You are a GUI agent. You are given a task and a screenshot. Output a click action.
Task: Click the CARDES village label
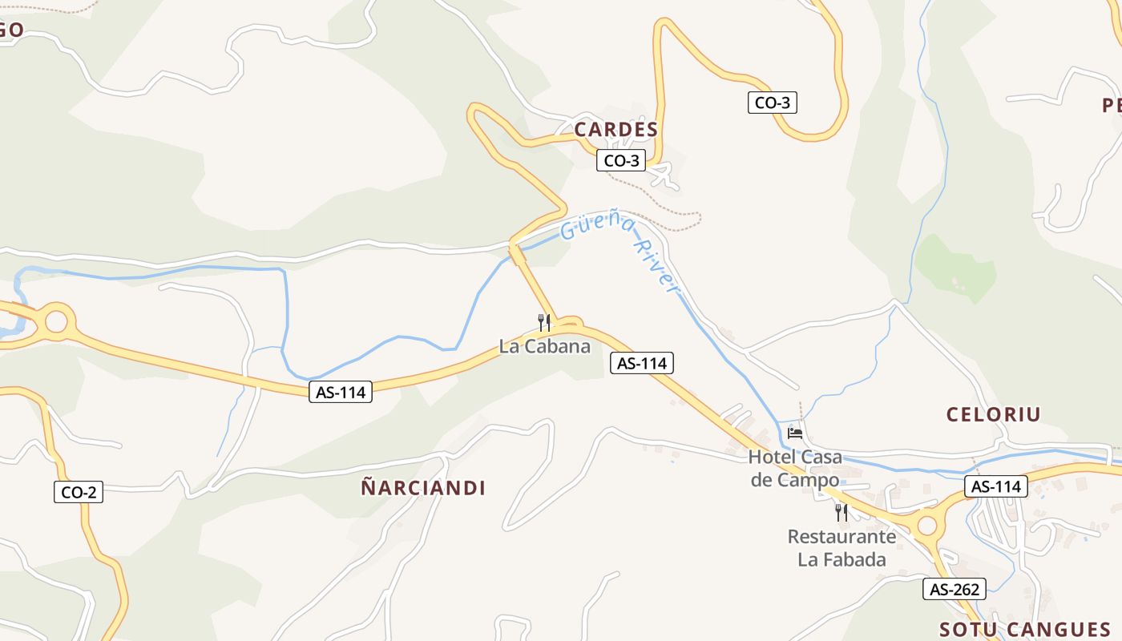pyautogui.click(x=615, y=129)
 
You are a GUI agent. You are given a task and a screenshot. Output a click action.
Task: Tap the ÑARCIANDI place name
pyautogui.click(x=423, y=488)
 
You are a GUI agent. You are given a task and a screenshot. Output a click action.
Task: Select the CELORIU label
pyautogui.click(x=993, y=414)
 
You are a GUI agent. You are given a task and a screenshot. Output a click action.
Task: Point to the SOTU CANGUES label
pyautogui.click(x=1024, y=629)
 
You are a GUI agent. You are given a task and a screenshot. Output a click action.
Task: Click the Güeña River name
pyautogui.click(x=620, y=250)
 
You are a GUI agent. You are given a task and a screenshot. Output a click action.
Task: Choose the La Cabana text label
pyautogui.click(x=544, y=347)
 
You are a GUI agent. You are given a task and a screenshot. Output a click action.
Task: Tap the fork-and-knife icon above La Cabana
pyautogui.click(x=544, y=322)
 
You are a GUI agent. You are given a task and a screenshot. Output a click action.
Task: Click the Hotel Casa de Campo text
pyautogui.click(x=795, y=468)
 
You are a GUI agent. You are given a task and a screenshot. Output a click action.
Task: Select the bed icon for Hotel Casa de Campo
pyautogui.click(x=795, y=433)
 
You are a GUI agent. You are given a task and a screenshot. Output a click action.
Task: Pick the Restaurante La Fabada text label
pyautogui.click(x=841, y=547)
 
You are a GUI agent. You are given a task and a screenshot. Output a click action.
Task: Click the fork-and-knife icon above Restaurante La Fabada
pyautogui.click(x=841, y=511)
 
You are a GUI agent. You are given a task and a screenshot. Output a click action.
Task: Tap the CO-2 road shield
pyautogui.click(x=79, y=491)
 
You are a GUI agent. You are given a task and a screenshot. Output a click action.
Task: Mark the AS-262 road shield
pyautogui.click(x=955, y=589)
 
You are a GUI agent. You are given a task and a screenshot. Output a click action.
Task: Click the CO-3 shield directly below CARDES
pyautogui.click(x=621, y=160)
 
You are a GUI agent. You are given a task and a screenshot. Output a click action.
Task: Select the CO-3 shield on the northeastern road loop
pyautogui.click(x=773, y=102)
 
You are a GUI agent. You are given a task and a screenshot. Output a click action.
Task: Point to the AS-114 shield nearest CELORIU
pyautogui.click(x=996, y=486)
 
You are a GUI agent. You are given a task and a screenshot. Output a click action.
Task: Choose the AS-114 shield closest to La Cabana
pyautogui.click(x=642, y=363)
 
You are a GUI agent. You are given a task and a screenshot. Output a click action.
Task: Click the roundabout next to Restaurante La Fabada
pyautogui.click(x=926, y=526)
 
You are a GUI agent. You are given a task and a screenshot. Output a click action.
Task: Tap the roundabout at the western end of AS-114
pyautogui.click(x=56, y=321)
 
